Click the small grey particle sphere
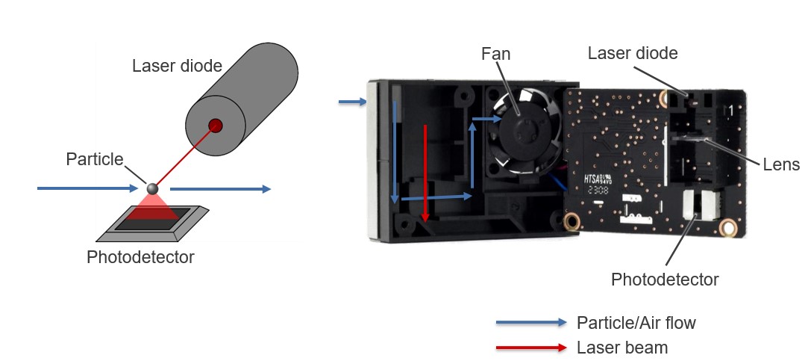pyautogui.click(x=152, y=188)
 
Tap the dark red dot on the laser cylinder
pyautogui.click(x=216, y=125)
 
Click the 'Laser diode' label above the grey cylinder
pyautogui.click(x=177, y=66)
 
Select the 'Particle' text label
pyautogui.click(x=94, y=159)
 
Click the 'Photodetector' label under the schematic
pyautogui.click(x=140, y=258)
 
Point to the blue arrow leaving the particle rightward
pyautogui.click(x=220, y=189)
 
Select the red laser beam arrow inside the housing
pyautogui.click(x=425, y=172)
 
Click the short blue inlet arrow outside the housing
pyautogui.click(x=352, y=102)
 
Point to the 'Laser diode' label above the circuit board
pyautogui.click(x=633, y=54)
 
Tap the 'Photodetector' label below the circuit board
pyautogui.click(x=665, y=280)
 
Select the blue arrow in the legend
pyautogui.click(x=530, y=323)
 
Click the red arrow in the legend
pyautogui.click(x=530, y=348)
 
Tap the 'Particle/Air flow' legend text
pyautogui.click(x=636, y=323)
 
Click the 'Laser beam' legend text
pyautogui.click(x=622, y=348)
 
